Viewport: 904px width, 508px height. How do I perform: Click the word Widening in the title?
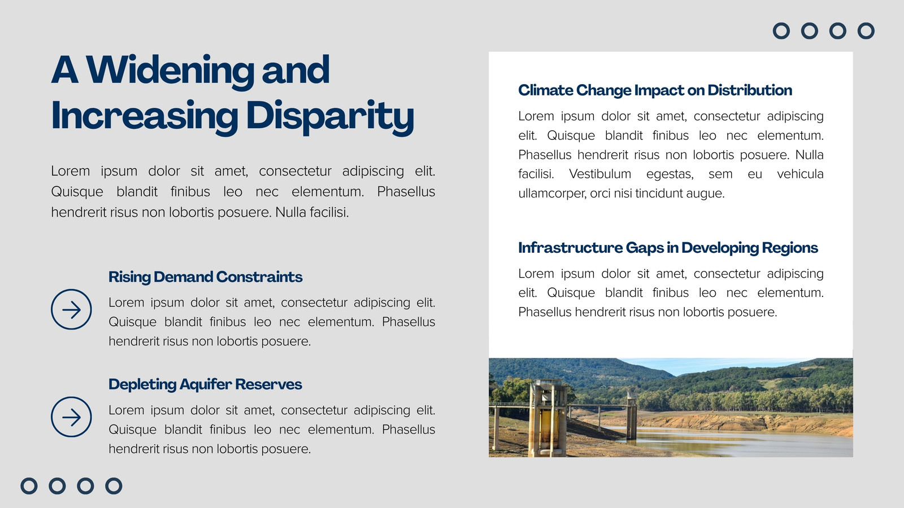pyautogui.click(x=170, y=71)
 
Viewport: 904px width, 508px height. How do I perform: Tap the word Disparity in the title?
pyautogui.click(x=330, y=117)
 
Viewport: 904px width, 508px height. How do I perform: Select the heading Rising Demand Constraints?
pyautogui.click(x=206, y=277)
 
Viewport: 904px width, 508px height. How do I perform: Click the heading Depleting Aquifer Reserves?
pyautogui.click(x=205, y=384)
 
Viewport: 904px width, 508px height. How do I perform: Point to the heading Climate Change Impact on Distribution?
pyautogui.click(x=655, y=90)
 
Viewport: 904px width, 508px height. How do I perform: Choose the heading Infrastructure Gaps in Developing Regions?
pyautogui.click(x=668, y=248)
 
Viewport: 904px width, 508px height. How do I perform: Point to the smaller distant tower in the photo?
pyautogui.click(x=631, y=417)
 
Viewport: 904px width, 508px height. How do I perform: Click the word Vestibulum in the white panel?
pyautogui.click(x=599, y=174)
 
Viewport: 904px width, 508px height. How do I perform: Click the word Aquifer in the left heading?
pyautogui.click(x=205, y=384)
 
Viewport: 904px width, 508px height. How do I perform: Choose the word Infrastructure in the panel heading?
pyautogui.click(x=570, y=248)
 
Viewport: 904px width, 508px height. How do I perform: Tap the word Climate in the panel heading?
pyautogui.click(x=545, y=90)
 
